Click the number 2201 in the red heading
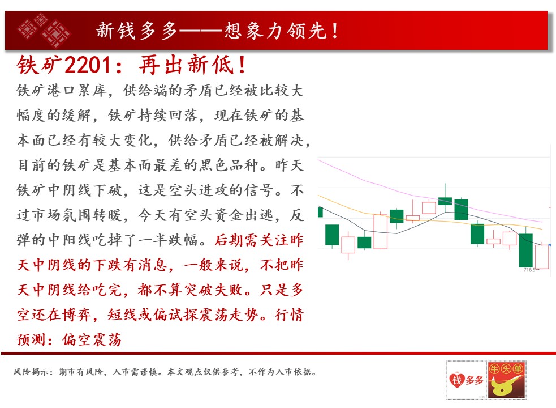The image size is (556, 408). click(x=88, y=65)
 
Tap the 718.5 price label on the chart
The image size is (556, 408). click(x=529, y=270)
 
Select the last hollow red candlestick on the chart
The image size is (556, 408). click(x=542, y=257)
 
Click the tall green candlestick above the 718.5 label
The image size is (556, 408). click(x=525, y=250)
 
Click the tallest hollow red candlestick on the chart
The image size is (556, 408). click(x=381, y=231)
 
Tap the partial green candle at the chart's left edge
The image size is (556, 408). click(x=320, y=212)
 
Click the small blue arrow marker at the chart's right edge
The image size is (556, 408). click(x=549, y=245)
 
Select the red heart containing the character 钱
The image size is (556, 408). click(x=456, y=380)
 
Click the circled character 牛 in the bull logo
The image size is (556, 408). click(x=495, y=369)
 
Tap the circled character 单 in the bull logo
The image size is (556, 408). click(x=518, y=369)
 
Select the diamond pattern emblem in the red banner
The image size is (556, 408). click(x=44, y=30)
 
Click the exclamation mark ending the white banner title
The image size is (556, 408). click(x=335, y=31)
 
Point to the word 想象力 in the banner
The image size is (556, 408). click(x=255, y=31)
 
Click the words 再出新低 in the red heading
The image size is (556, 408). click(x=186, y=65)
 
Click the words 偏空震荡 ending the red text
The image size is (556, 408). click(x=92, y=340)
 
